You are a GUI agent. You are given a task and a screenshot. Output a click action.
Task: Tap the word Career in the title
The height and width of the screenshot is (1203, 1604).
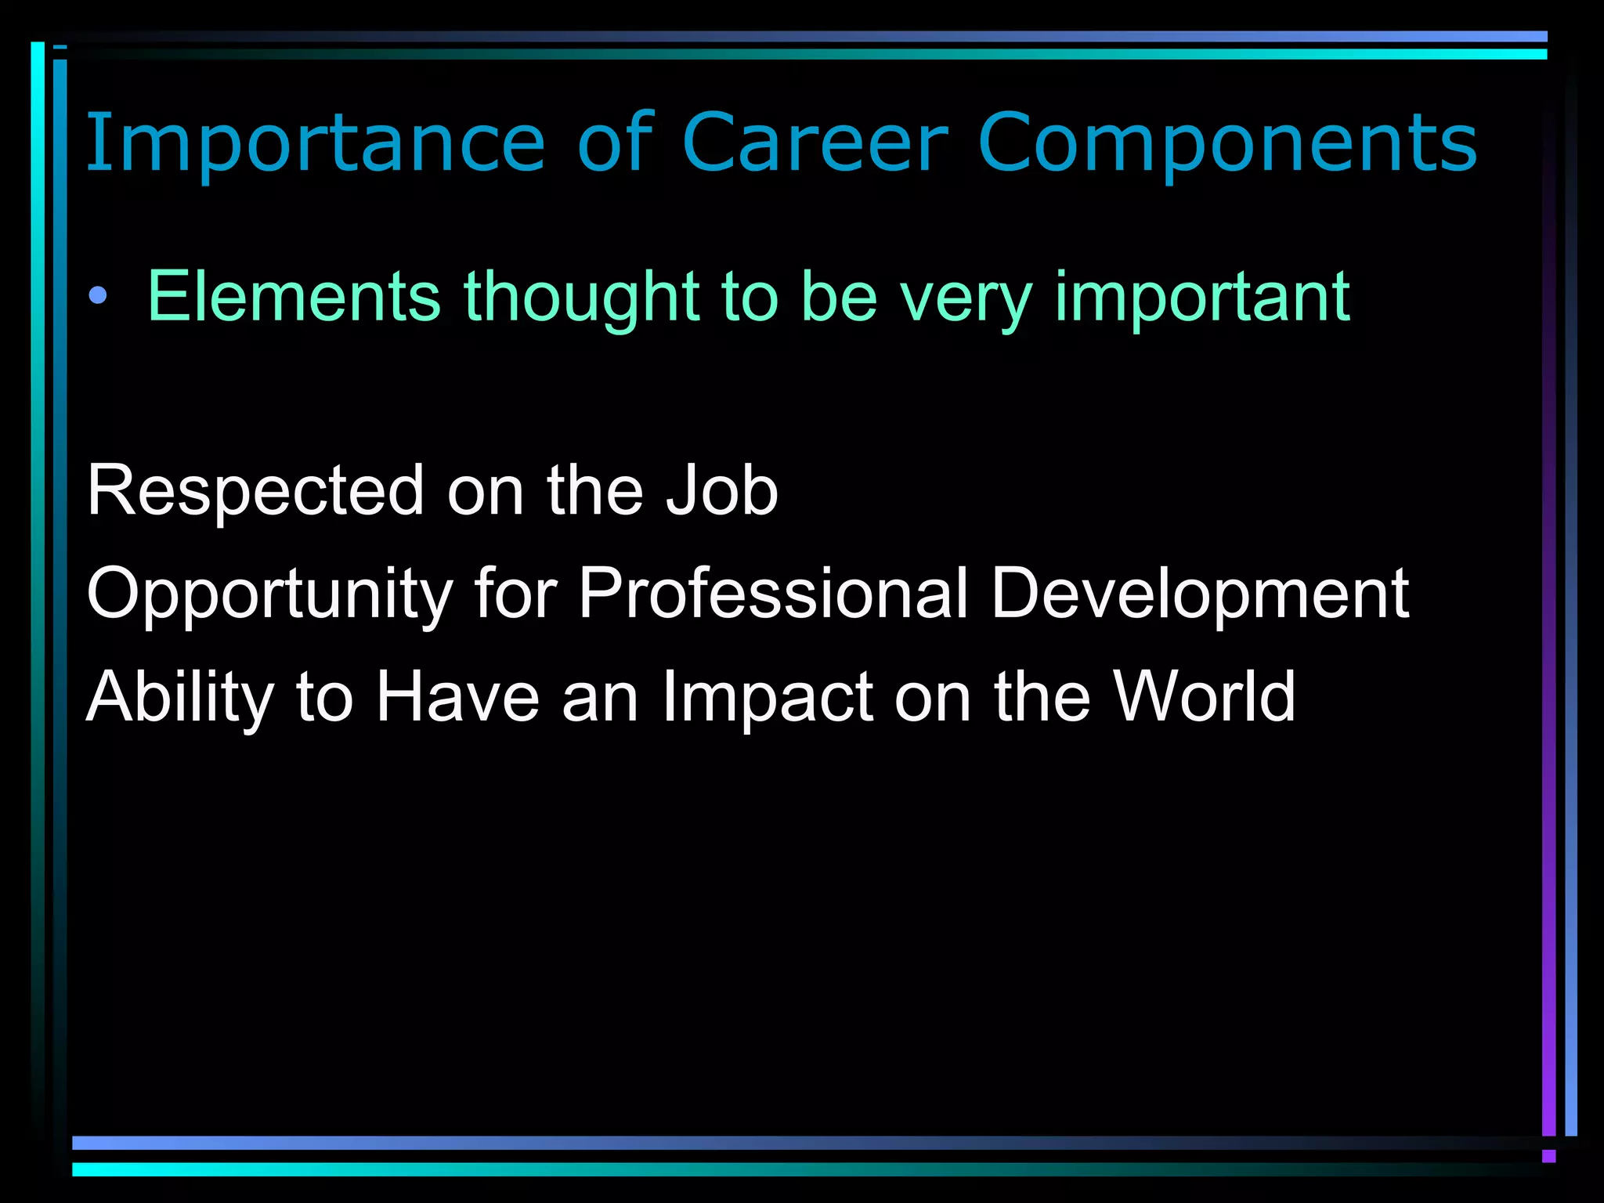pos(815,143)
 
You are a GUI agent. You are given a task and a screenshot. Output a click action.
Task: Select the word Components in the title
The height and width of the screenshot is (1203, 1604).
pos(1227,143)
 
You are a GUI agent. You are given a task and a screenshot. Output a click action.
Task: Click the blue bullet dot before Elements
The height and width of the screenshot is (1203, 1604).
pos(98,296)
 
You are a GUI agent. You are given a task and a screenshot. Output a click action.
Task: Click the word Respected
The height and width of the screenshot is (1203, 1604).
pos(255,491)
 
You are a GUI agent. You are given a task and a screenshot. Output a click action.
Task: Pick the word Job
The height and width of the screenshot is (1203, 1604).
pos(721,491)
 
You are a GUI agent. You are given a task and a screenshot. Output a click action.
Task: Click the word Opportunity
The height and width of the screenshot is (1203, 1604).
pos(269,594)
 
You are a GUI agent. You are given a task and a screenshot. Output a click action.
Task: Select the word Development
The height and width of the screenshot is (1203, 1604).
pos(1200,594)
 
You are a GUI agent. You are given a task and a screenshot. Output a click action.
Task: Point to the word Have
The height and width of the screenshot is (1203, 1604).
pos(458,697)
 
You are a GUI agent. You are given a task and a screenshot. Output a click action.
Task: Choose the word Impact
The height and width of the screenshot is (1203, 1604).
pos(768,697)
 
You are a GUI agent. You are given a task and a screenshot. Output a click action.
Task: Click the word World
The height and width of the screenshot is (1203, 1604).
pos(1205,697)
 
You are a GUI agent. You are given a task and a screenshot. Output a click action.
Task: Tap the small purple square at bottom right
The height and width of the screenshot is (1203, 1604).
pos(1548,1156)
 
